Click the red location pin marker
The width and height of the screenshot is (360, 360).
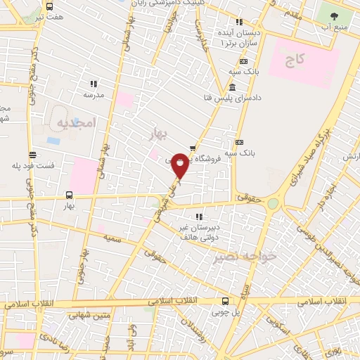pos(180,165)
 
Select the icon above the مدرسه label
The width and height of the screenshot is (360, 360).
pos(94,83)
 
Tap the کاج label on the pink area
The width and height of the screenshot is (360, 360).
pos(294,62)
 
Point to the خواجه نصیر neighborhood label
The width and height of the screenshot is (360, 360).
pos(246,257)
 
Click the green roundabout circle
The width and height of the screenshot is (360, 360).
pos(273,204)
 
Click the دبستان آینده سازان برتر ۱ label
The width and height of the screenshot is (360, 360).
pos(241,38)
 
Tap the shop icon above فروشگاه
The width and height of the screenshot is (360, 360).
pos(192,148)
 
